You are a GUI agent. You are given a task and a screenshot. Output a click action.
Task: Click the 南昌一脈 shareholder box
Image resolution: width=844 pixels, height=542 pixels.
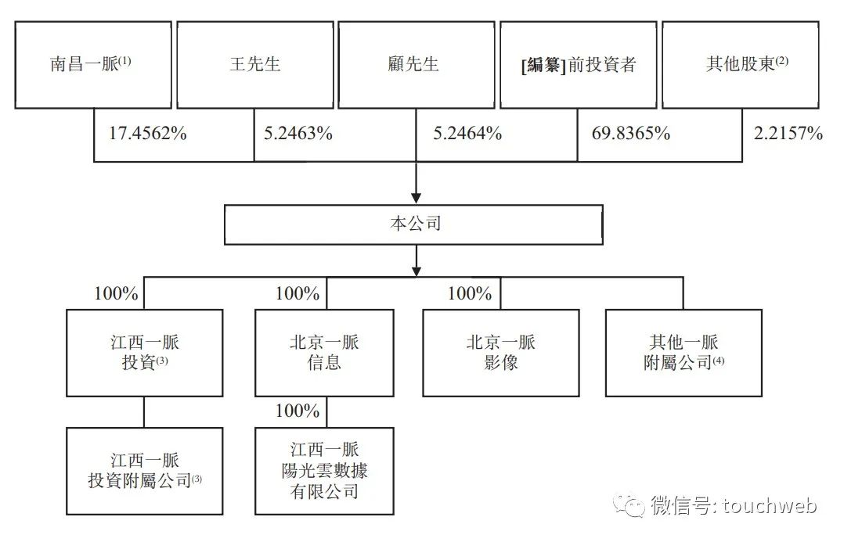pos(93,65)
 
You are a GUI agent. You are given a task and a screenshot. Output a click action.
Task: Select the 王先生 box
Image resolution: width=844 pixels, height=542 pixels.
pos(255,65)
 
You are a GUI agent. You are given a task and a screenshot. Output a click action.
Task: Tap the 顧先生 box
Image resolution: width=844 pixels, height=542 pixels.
pos(417,65)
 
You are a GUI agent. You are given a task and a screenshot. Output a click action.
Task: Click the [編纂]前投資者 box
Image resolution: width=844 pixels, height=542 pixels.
pos(579,65)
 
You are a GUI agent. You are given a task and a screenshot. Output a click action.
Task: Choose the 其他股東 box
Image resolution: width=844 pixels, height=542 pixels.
pos(741,65)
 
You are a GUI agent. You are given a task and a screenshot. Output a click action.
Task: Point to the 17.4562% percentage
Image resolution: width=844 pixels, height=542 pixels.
pos(148,133)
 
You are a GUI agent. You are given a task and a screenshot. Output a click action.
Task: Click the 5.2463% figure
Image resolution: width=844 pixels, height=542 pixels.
pos(298,133)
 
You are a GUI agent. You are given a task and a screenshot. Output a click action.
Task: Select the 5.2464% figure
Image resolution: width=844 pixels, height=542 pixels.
pos(467,133)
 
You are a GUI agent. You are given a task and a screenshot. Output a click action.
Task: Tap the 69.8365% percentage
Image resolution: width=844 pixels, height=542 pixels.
pos(631,133)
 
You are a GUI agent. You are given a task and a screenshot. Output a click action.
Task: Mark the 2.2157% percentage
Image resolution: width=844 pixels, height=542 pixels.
pos(788,133)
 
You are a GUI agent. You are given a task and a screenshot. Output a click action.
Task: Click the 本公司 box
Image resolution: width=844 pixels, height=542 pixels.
pos(413,224)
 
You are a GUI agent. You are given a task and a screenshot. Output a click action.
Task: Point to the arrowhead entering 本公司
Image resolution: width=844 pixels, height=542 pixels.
pos(416,198)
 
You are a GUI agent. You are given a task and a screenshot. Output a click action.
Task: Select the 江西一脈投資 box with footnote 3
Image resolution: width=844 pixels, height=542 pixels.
pos(145,354)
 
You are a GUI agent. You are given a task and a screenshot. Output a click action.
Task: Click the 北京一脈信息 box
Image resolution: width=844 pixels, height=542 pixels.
pos(325,354)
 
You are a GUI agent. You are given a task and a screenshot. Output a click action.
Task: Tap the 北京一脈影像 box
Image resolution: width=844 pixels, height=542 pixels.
pos(501,354)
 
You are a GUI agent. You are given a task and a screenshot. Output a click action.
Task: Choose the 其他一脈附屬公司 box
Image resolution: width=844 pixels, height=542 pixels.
pos(683,354)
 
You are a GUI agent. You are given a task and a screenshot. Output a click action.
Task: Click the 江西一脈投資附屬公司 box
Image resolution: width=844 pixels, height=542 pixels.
pos(145,471)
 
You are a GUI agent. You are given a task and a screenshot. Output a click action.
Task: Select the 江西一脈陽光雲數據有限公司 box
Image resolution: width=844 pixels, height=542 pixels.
pos(325,471)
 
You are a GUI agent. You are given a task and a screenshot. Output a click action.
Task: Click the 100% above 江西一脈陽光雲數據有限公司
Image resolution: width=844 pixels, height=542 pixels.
pos(298,411)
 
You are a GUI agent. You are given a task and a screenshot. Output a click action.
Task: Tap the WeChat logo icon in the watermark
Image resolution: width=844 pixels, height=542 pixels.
pos(630,505)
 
